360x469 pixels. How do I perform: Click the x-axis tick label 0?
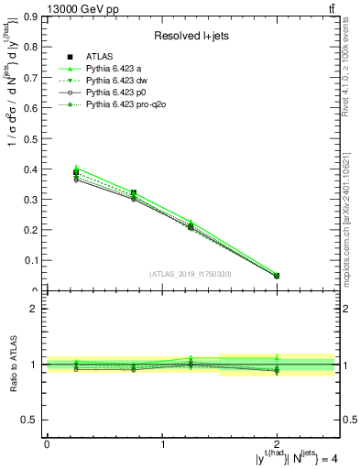47,444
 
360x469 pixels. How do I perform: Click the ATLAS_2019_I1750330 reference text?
191,274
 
